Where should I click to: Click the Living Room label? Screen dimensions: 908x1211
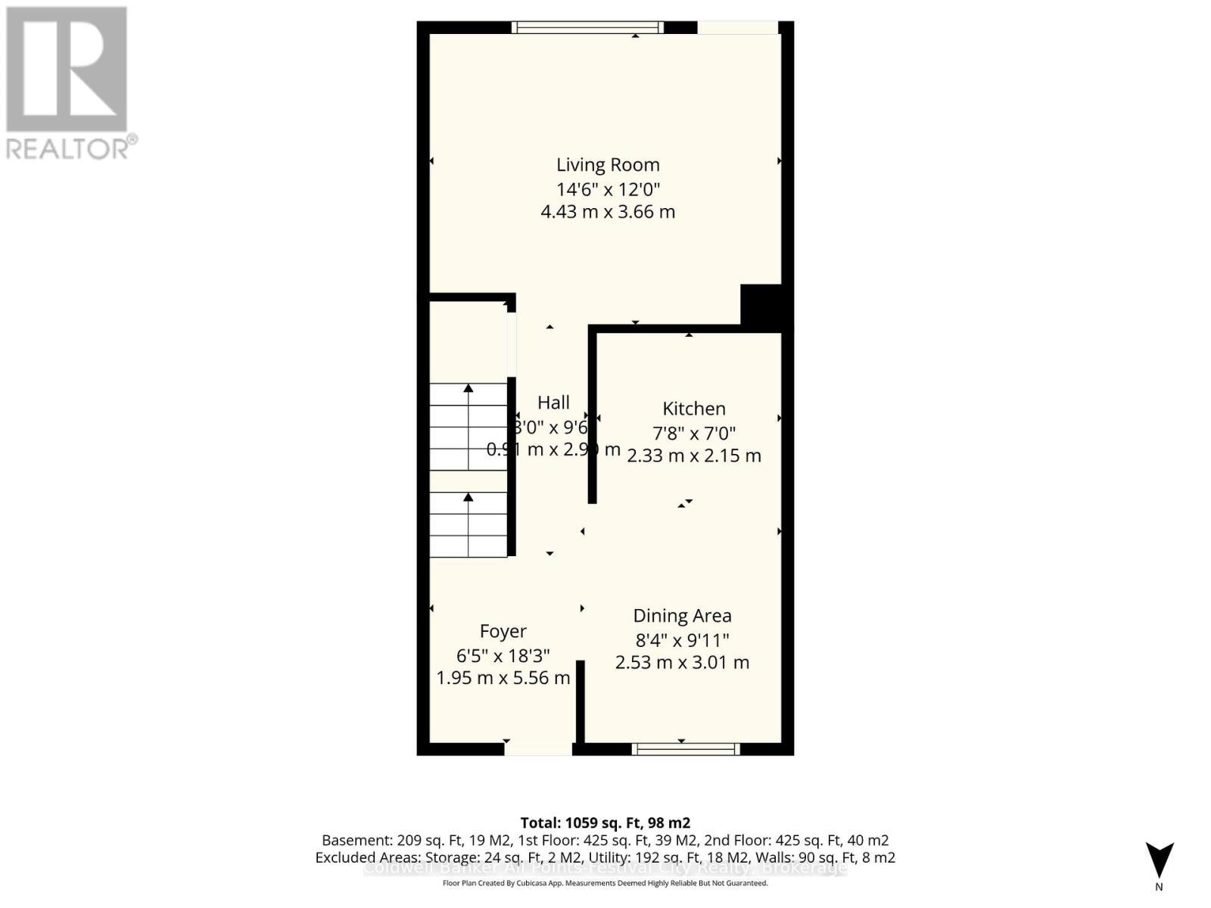(x=608, y=165)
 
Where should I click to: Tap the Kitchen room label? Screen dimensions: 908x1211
(x=693, y=409)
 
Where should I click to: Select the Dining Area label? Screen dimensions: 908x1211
(x=682, y=616)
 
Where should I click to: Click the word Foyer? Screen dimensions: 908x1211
(x=503, y=631)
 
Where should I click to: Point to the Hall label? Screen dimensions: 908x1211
(x=553, y=403)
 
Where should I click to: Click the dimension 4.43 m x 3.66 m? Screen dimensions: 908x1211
(x=608, y=212)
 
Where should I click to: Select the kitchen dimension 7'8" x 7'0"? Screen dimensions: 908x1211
(x=694, y=433)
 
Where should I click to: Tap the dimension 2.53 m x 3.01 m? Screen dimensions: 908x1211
(x=682, y=663)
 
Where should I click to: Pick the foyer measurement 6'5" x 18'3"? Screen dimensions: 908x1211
(x=503, y=655)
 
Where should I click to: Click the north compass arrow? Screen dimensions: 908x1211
(x=1159, y=861)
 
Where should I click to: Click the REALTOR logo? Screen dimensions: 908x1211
(x=68, y=83)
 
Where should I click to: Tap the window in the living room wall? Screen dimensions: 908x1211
(x=587, y=27)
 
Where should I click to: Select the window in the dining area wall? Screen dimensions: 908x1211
(x=686, y=749)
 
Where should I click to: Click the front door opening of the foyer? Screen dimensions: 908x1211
(x=538, y=749)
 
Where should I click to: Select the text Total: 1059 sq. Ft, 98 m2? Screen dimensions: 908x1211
(x=605, y=822)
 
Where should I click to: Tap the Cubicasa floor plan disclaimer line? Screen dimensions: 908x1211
(x=605, y=883)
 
